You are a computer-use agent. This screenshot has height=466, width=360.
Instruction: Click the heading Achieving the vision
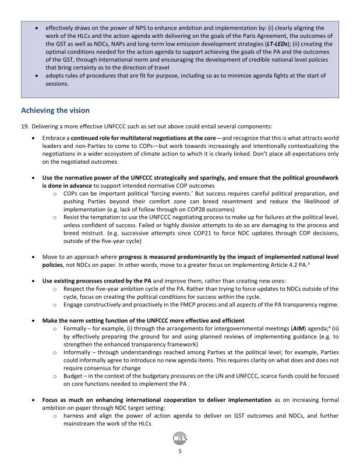click(55, 110)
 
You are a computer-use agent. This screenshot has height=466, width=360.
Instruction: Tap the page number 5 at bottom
click(180, 450)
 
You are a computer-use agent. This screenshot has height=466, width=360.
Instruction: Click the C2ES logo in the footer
click(180, 437)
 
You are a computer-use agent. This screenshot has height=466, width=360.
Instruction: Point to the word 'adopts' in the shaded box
click(56, 76)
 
